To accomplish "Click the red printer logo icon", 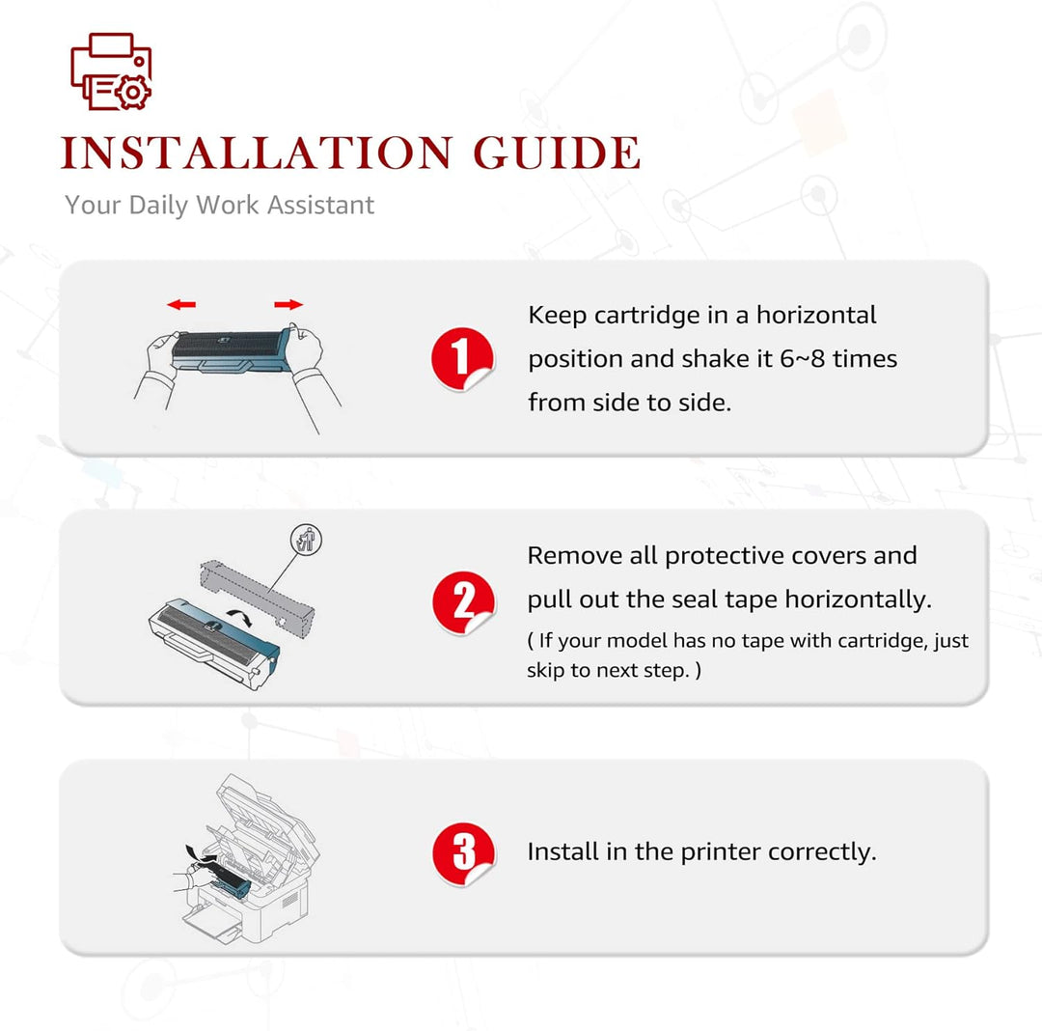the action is [x=111, y=71].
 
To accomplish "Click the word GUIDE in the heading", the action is [x=557, y=153].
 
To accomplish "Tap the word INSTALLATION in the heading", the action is [x=257, y=153].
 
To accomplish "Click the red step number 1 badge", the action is [x=462, y=359].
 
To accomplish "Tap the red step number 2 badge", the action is [x=463, y=602].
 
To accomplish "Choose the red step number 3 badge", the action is [x=463, y=853].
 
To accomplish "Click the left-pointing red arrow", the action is [x=180, y=305].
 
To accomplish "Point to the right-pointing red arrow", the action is [x=288, y=305].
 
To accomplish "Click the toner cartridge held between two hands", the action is [x=231, y=351].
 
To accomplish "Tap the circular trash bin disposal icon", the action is [x=306, y=539].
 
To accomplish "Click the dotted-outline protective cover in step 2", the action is [x=257, y=598].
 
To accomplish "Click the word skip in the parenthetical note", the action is [x=544, y=670].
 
